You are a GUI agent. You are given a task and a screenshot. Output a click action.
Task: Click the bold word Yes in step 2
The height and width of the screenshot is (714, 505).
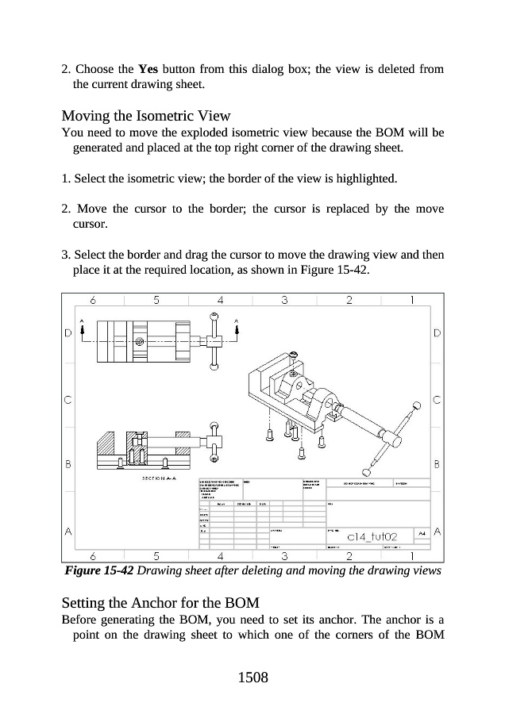148,69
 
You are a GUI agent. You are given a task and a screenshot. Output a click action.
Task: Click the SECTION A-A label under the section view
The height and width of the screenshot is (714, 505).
159,478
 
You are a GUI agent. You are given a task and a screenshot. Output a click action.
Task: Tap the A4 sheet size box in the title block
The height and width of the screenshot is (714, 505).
423,533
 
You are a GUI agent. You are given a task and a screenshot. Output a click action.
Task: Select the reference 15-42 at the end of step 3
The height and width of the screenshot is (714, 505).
351,270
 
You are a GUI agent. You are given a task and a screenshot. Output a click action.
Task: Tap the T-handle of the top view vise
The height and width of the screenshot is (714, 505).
214,341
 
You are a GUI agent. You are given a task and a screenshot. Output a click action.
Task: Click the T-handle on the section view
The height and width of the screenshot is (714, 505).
214,441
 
